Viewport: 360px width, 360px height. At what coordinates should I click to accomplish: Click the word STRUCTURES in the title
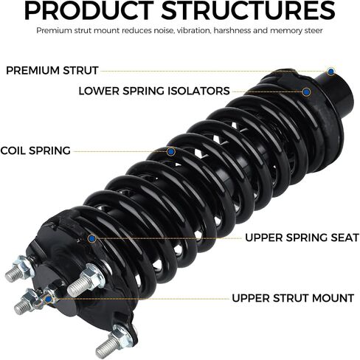point(249,10)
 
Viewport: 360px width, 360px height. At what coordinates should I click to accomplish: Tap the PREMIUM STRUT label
point(52,71)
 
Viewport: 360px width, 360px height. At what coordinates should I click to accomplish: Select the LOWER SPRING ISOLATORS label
point(154,91)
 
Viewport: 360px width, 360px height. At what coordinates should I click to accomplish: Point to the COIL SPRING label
point(35,150)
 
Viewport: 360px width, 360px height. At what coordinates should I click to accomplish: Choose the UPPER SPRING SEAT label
point(302,238)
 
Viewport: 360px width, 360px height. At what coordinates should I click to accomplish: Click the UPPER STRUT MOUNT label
point(293,298)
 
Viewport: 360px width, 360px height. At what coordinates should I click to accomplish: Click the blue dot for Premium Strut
point(331,72)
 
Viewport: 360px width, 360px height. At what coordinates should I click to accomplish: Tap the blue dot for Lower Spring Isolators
point(306,92)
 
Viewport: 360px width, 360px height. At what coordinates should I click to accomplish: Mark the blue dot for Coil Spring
point(170,152)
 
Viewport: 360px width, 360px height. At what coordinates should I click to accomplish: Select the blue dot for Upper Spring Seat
point(92,238)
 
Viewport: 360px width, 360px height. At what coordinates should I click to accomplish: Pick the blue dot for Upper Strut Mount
point(49,299)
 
